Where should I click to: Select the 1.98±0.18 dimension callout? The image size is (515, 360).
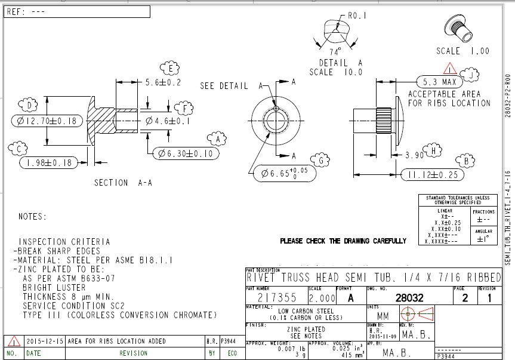pyautogui.click(x=50, y=162)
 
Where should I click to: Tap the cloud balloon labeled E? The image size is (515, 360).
pyautogui.click(x=171, y=67)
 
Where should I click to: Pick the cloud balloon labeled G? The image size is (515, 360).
pyautogui.click(x=321, y=160)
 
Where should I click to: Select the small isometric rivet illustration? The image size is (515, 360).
pyautogui.click(x=460, y=25)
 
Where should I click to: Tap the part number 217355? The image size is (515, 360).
pyautogui.click(x=276, y=297)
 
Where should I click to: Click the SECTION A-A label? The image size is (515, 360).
pyautogui.click(x=123, y=183)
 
